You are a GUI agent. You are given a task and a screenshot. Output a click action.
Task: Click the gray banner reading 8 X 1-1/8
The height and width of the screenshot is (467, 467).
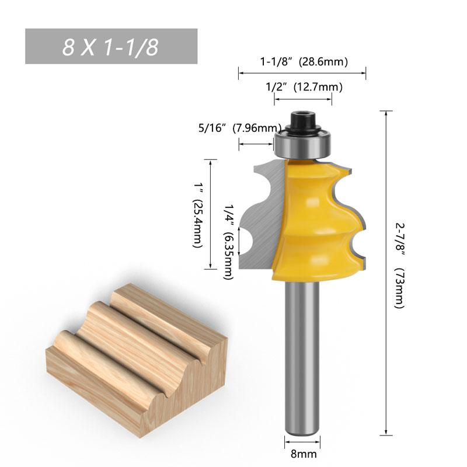[x=111, y=47]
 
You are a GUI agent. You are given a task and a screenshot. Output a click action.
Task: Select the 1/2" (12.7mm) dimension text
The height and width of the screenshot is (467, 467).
[x=304, y=87]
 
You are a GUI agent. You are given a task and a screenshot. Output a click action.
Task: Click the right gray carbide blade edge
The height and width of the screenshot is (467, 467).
[x=350, y=222]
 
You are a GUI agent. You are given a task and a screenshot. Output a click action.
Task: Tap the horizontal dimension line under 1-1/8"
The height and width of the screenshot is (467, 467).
[x=302, y=74]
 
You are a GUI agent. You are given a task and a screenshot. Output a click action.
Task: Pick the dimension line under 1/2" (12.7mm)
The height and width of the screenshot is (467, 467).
[x=303, y=100]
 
